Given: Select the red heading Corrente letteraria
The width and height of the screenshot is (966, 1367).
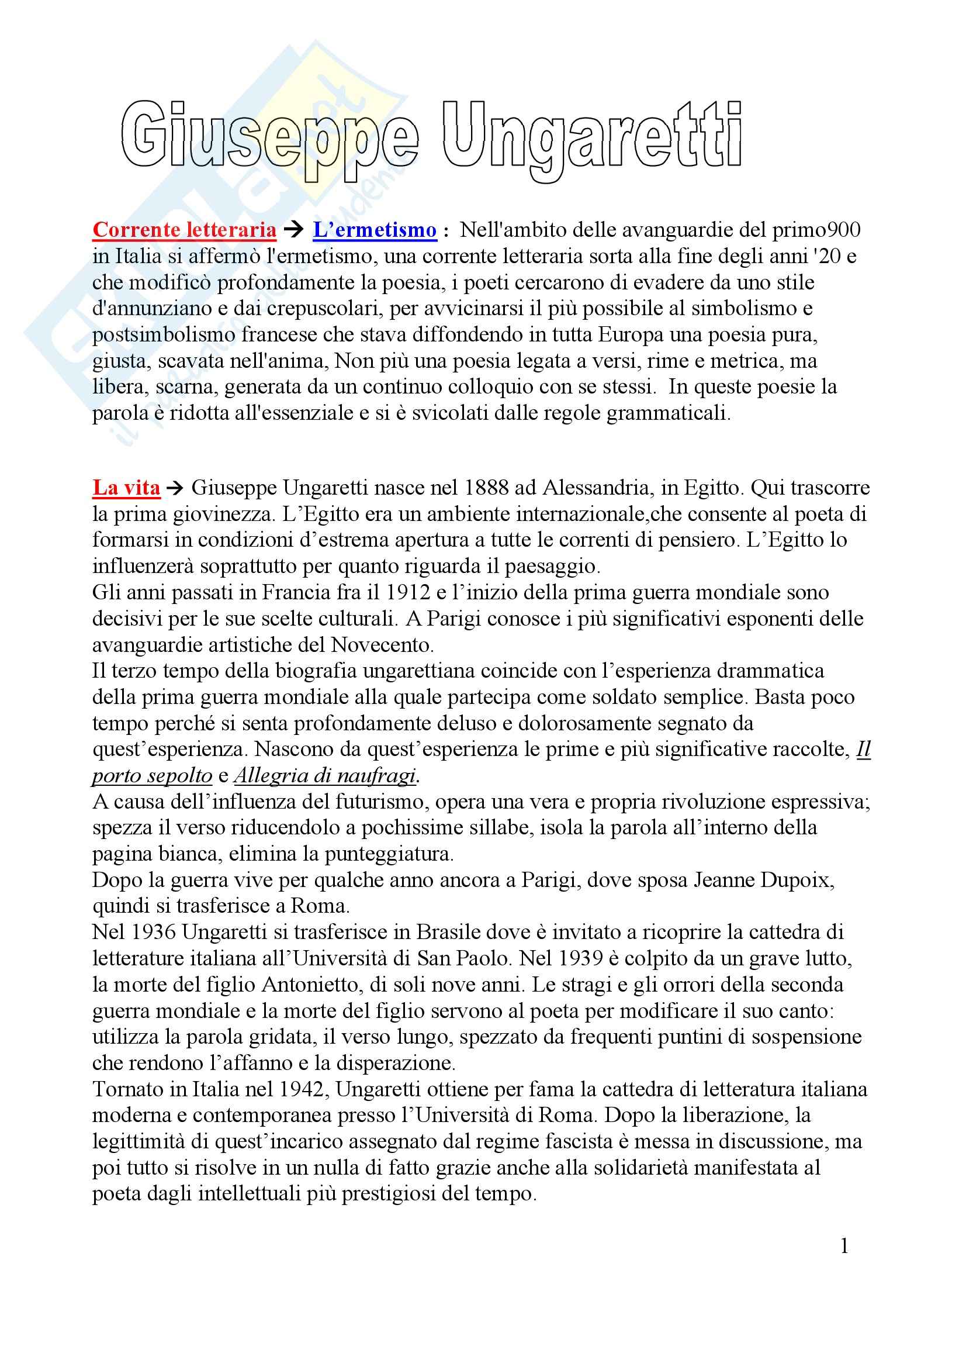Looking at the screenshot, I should tap(185, 230).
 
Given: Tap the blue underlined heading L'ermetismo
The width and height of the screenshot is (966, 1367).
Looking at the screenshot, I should tap(375, 230).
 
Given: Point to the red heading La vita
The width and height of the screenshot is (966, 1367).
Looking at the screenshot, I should tap(126, 488).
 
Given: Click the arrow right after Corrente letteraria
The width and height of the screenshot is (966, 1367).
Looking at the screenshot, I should tap(295, 230).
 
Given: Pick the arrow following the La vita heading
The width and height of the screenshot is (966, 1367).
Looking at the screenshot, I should tap(175, 488).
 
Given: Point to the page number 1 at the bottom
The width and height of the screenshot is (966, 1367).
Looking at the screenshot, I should tap(844, 1245).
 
